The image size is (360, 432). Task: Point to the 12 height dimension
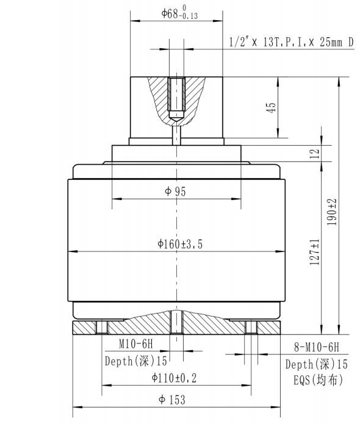coord(315,154)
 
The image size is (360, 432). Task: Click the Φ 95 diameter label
coord(176,192)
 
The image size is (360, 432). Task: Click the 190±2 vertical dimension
coord(333,212)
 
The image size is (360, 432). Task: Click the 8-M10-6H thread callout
coord(312,348)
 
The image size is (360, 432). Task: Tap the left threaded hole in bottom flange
coord(101,328)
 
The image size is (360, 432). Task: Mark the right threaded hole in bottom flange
coord(251,328)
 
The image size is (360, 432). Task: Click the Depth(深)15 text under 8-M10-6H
coord(316,364)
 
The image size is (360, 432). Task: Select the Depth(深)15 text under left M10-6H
coord(135,361)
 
